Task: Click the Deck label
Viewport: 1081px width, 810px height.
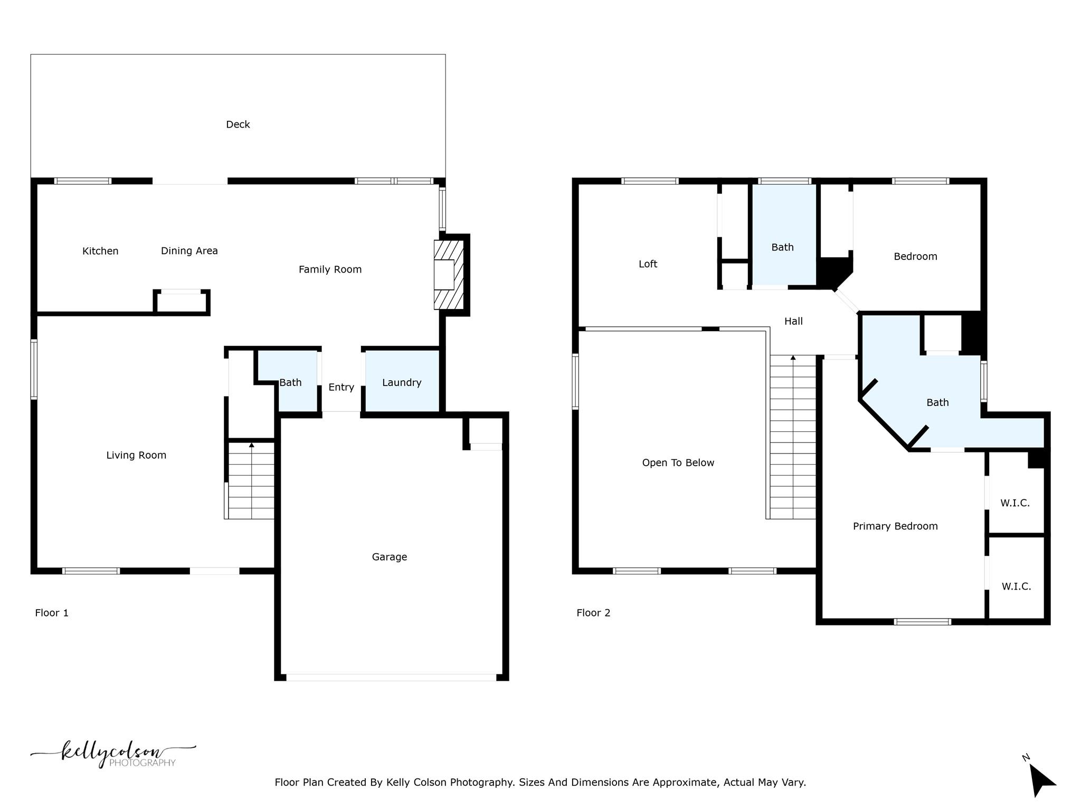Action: point(238,124)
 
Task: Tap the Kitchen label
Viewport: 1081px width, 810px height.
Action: point(100,251)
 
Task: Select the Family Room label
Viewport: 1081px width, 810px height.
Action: point(330,269)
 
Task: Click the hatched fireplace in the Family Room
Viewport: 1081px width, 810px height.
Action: point(449,274)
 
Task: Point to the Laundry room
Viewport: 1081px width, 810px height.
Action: point(402,382)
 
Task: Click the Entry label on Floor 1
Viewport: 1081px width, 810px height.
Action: point(341,387)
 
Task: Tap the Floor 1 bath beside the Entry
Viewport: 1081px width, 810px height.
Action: point(290,382)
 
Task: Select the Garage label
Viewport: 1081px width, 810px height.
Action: point(389,557)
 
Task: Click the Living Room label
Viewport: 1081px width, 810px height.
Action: point(136,455)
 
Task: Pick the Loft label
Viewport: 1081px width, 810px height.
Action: point(648,264)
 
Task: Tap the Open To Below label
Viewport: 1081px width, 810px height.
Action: point(678,462)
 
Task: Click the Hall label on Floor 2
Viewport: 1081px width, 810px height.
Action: point(793,321)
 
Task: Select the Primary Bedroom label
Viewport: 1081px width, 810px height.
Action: point(895,526)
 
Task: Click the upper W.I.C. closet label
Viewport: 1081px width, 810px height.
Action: point(1015,503)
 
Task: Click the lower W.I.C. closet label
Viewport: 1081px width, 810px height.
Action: point(1016,586)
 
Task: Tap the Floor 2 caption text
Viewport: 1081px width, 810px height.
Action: point(593,613)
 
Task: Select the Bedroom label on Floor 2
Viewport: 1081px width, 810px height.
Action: point(915,256)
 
